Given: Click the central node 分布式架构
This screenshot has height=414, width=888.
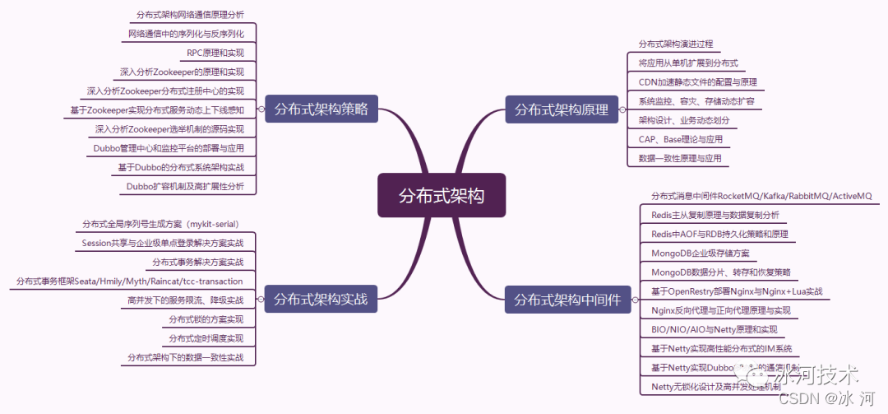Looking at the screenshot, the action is pyautogui.click(x=442, y=196).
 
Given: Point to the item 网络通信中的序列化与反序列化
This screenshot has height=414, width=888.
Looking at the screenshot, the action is pyautogui.click(x=187, y=34).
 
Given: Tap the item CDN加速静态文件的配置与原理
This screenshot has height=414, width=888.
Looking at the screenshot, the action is pyautogui.click(x=698, y=81).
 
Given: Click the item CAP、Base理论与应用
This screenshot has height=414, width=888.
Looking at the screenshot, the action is pyautogui.click(x=680, y=139).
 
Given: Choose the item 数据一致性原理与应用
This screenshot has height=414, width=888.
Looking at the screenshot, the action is pyautogui.click(x=680, y=158).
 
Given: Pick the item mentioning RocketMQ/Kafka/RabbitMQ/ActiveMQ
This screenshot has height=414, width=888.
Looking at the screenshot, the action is pyautogui.click(x=761, y=196).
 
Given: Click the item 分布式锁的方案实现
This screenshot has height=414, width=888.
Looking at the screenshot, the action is pyautogui.click(x=206, y=319).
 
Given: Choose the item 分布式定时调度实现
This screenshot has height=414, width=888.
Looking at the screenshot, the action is pyautogui.click(x=206, y=338).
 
